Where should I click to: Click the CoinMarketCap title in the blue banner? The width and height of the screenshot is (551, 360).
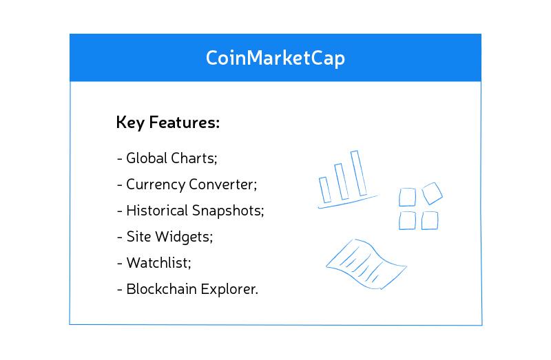(275, 58)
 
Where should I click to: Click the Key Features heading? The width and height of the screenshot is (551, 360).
(168, 123)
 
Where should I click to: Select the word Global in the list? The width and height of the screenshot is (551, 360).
(145, 158)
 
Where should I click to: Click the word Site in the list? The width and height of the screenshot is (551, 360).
(136, 237)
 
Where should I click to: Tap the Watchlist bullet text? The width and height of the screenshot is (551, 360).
(156, 263)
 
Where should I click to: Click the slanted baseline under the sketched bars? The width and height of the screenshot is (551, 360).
(348, 202)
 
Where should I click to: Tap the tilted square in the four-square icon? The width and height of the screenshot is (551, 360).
(432, 193)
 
